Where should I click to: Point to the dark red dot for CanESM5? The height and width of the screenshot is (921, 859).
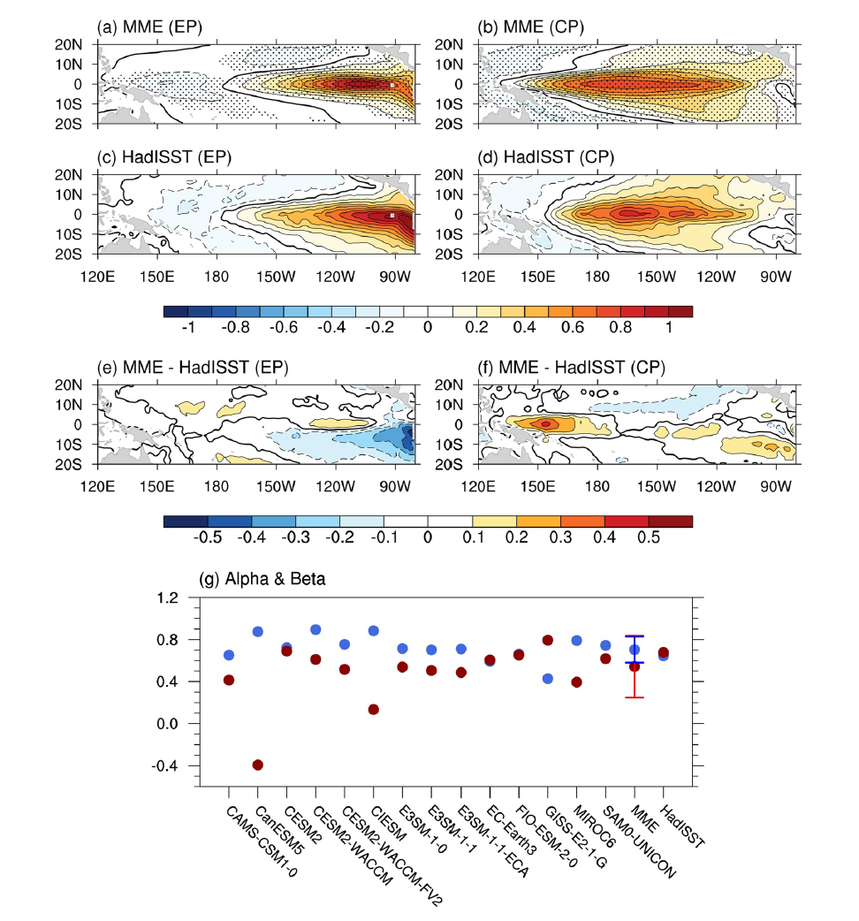click(258, 765)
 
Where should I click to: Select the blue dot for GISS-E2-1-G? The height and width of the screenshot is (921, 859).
click(547, 679)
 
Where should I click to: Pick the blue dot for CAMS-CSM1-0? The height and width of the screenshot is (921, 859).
click(229, 655)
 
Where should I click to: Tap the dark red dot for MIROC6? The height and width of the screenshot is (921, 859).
click(576, 681)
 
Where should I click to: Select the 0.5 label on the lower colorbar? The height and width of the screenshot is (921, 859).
click(669, 537)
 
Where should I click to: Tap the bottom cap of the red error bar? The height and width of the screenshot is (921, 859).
click(634, 697)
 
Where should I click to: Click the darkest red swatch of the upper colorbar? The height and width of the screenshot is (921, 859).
click(680, 311)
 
